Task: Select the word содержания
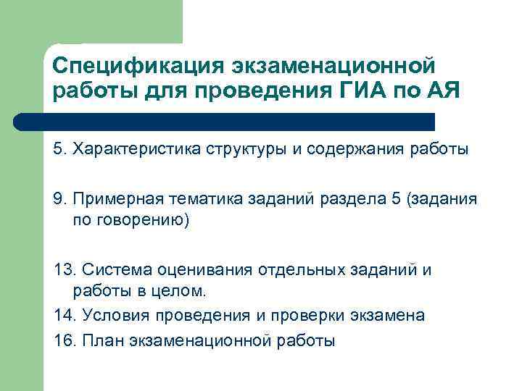352,149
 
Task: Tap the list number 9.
59,199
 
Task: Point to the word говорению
141,220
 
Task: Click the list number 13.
63,270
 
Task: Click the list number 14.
63,316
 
